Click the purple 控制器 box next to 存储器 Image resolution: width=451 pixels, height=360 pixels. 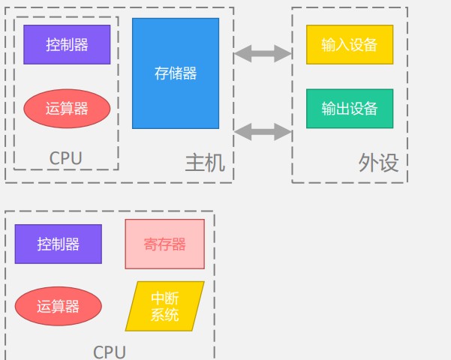(x=67, y=44)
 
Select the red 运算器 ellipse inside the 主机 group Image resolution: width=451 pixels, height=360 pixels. (x=67, y=108)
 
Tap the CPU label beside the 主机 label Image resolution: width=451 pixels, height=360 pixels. (x=65, y=158)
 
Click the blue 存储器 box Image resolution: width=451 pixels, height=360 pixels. (x=176, y=73)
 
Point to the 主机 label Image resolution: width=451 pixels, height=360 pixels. (x=205, y=163)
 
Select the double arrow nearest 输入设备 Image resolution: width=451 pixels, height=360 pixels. (x=262, y=53)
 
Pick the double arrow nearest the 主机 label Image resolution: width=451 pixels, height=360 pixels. (x=262, y=132)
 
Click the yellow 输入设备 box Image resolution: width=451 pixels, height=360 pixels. (x=350, y=44)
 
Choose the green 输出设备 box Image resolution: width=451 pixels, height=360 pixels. (x=350, y=108)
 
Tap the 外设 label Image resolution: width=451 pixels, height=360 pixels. (x=379, y=163)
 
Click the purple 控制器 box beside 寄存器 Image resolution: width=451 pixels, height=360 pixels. (x=58, y=244)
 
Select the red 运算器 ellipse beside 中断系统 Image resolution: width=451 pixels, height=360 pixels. (x=58, y=306)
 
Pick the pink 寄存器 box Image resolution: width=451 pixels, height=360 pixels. (x=164, y=244)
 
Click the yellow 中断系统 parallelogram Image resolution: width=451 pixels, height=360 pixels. (x=164, y=306)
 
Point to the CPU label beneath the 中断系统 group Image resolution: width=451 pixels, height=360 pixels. (x=110, y=352)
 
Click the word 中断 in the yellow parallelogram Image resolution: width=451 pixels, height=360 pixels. (x=165, y=298)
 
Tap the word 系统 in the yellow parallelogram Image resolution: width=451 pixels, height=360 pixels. (x=165, y=315)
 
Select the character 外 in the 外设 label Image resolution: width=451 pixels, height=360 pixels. (x=368, y=163)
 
